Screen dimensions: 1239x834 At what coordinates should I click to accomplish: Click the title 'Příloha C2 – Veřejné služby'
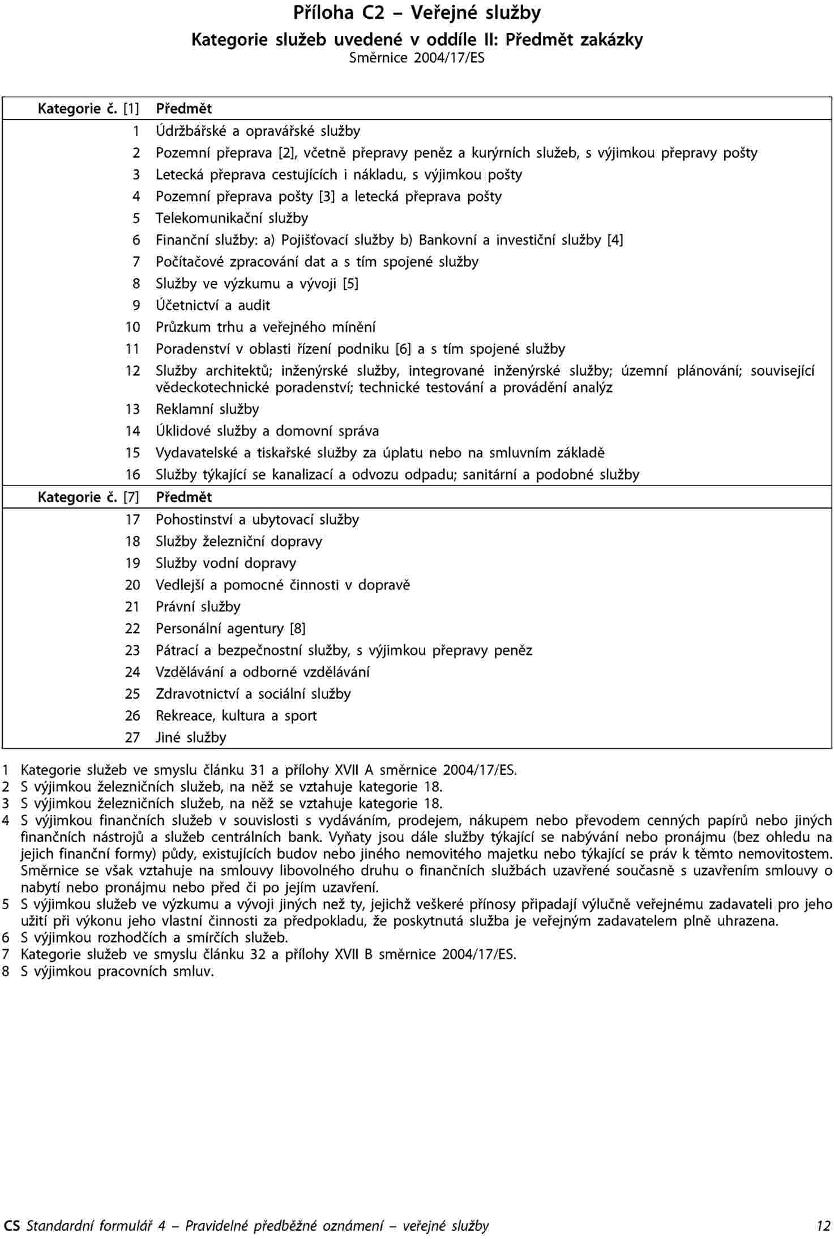coord(417,13)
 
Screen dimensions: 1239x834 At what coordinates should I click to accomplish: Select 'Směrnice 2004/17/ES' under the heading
coord(417,58)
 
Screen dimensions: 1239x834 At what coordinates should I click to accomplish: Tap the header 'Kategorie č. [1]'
coord(88,108)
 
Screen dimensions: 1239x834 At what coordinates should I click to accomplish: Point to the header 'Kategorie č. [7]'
coord(88,497)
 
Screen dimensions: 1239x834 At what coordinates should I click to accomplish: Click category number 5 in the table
coord(136,218)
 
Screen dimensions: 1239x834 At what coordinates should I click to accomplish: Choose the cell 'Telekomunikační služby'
coord(232,218)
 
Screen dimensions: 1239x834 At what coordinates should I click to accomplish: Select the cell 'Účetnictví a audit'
coord(213,305)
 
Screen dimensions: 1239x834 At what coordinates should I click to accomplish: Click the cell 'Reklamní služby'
coord(207,409)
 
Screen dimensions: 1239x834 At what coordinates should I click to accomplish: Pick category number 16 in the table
coord(132,474)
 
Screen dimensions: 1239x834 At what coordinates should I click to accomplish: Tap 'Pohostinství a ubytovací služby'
coord(257,519)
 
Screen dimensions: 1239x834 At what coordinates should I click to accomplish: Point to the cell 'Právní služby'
coord(198,607)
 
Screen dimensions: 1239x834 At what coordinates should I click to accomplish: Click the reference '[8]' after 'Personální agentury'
coord(298,628)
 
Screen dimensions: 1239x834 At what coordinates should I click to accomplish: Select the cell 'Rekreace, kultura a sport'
coord(236,715)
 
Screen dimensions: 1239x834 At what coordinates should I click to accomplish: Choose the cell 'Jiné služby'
coord(191,738)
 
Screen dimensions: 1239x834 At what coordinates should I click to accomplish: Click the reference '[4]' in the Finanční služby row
coord(615,240)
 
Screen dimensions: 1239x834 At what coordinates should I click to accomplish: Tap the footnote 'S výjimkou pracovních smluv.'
coord(118,971)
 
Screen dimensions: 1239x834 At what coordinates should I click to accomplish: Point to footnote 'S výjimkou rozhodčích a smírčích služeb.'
coord(155,938)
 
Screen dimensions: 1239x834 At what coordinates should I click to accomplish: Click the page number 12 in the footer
coord(823,1226)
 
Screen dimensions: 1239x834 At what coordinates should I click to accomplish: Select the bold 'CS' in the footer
coord(11,1226)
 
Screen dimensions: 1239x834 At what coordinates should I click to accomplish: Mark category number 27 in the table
coord(132,738)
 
